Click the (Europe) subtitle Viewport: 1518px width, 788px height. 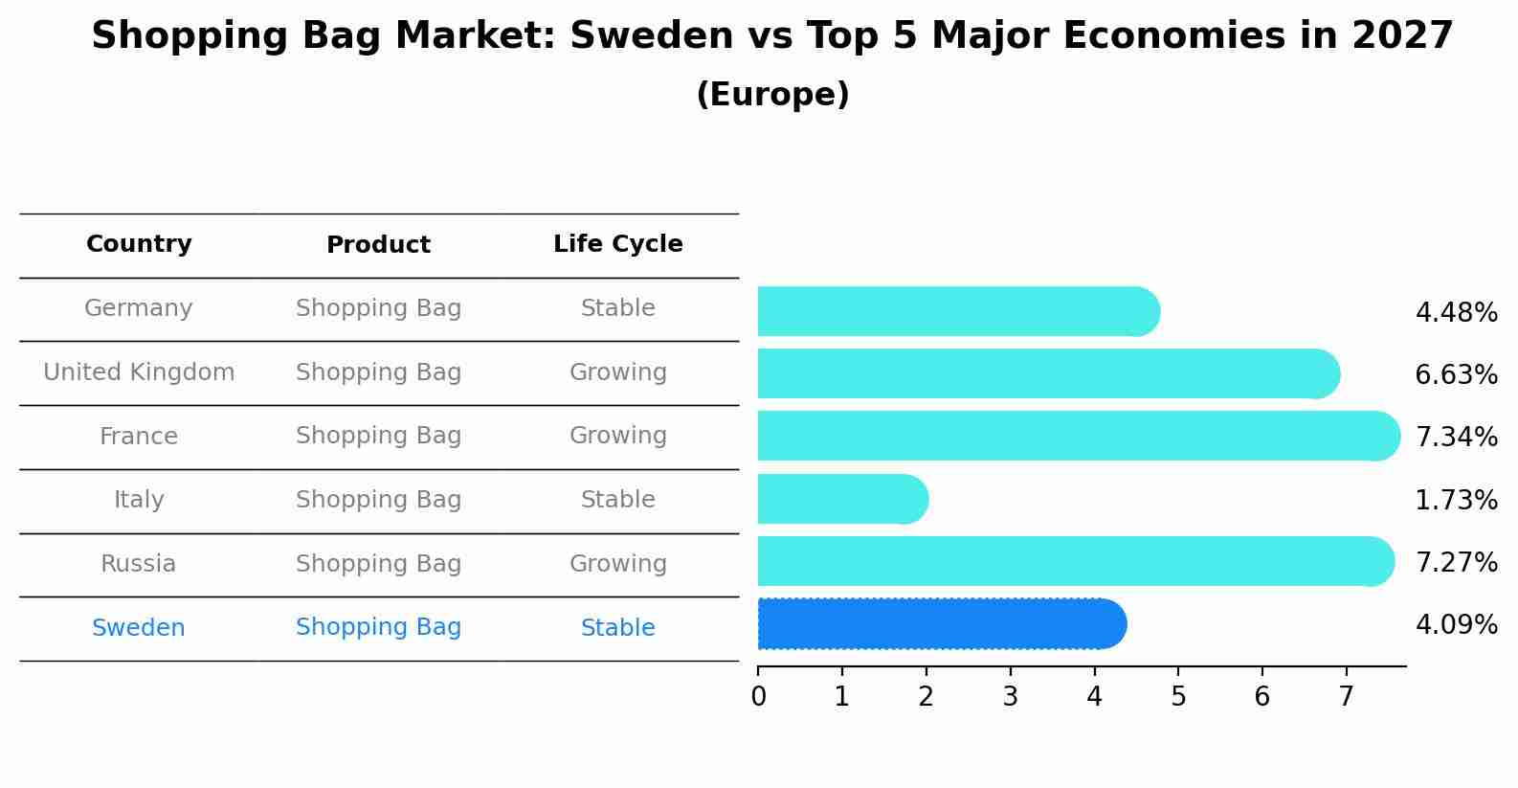(772, 94)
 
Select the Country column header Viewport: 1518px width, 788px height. (139, 243)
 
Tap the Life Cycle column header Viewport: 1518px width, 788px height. (618, 243)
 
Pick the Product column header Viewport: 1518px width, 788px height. (378, 244)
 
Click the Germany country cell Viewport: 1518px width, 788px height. (138, 308)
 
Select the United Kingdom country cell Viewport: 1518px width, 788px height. (139, 371)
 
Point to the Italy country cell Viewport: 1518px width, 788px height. (139, 500)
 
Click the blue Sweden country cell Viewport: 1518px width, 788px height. (139, 627)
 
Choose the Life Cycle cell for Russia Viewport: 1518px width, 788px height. (618, 564)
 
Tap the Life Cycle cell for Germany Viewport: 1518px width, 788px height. (618, 308)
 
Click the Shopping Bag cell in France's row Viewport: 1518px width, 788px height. (378, 436)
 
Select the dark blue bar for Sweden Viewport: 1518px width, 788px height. (942, 624)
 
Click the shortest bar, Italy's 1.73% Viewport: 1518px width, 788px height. (843, 499)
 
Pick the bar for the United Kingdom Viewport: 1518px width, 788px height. (1048, 373)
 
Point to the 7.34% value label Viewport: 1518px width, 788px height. (1457, 437)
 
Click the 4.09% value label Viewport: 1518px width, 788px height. (1457, 624)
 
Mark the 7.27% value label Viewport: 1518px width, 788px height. (1457, 562)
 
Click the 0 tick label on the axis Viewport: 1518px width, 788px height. (758, 696)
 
